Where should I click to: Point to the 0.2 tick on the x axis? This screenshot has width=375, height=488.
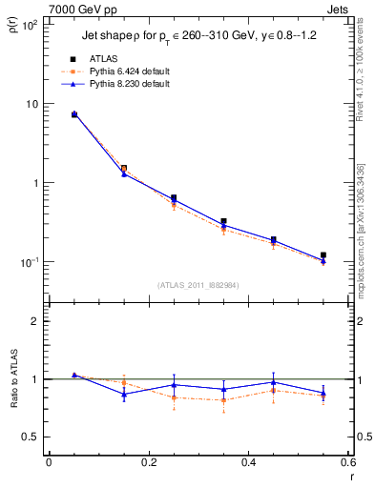point(148,462)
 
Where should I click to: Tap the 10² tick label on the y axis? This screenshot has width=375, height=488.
point(30,25)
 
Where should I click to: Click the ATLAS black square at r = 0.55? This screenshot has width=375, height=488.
point(323,255)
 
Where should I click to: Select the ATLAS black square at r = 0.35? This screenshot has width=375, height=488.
point(223,222)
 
